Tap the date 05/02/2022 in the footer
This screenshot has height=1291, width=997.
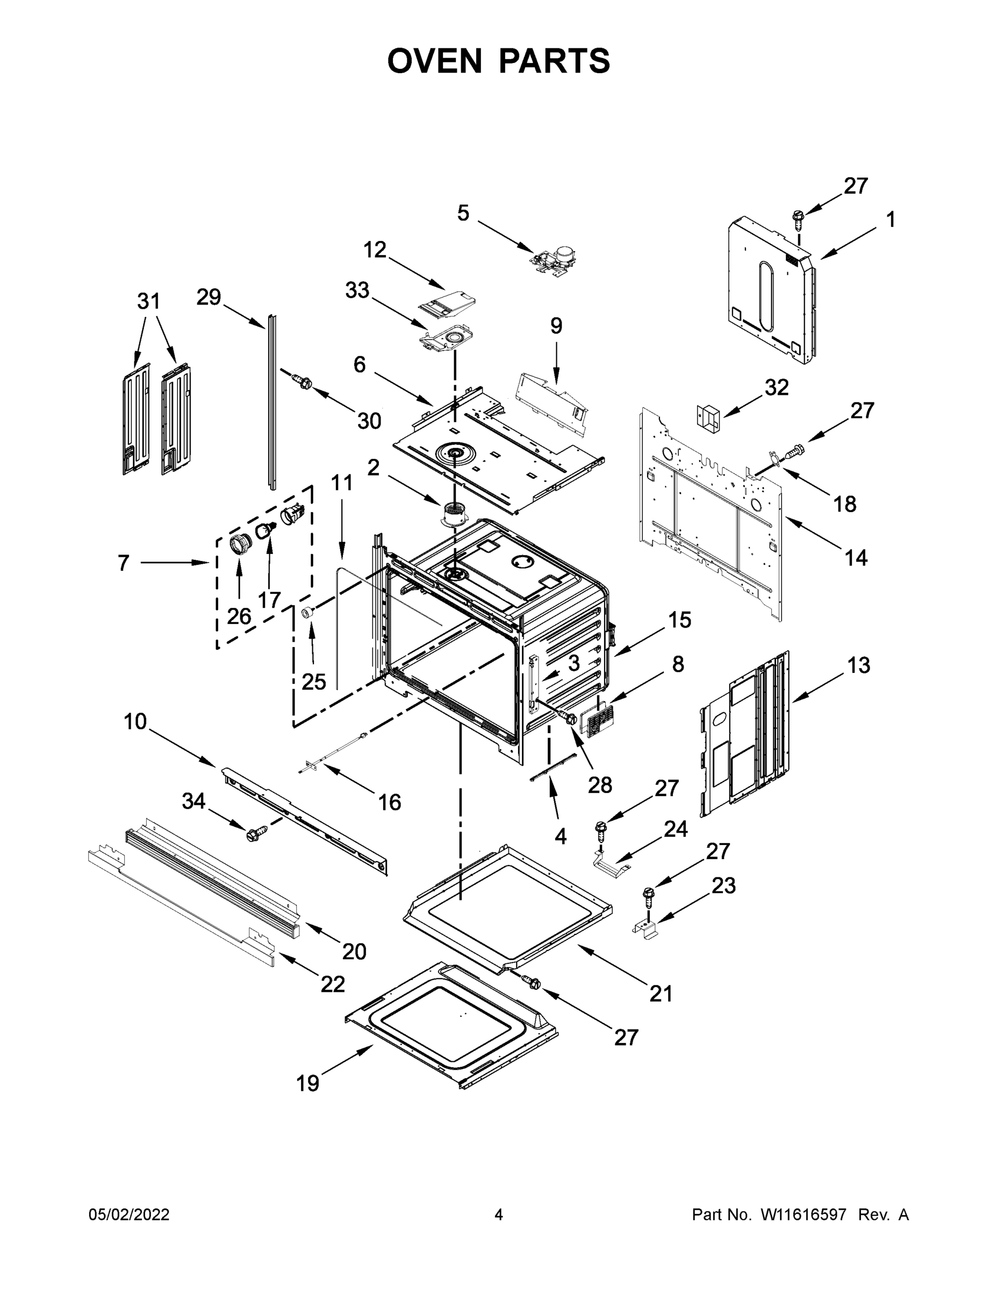129,1215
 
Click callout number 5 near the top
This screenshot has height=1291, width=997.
463,214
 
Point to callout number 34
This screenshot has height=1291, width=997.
193,801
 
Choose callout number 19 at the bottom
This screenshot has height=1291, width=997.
308,1083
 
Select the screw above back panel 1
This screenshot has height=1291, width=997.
798,219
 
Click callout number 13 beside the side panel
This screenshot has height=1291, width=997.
859,665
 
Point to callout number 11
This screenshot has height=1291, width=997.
341,483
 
